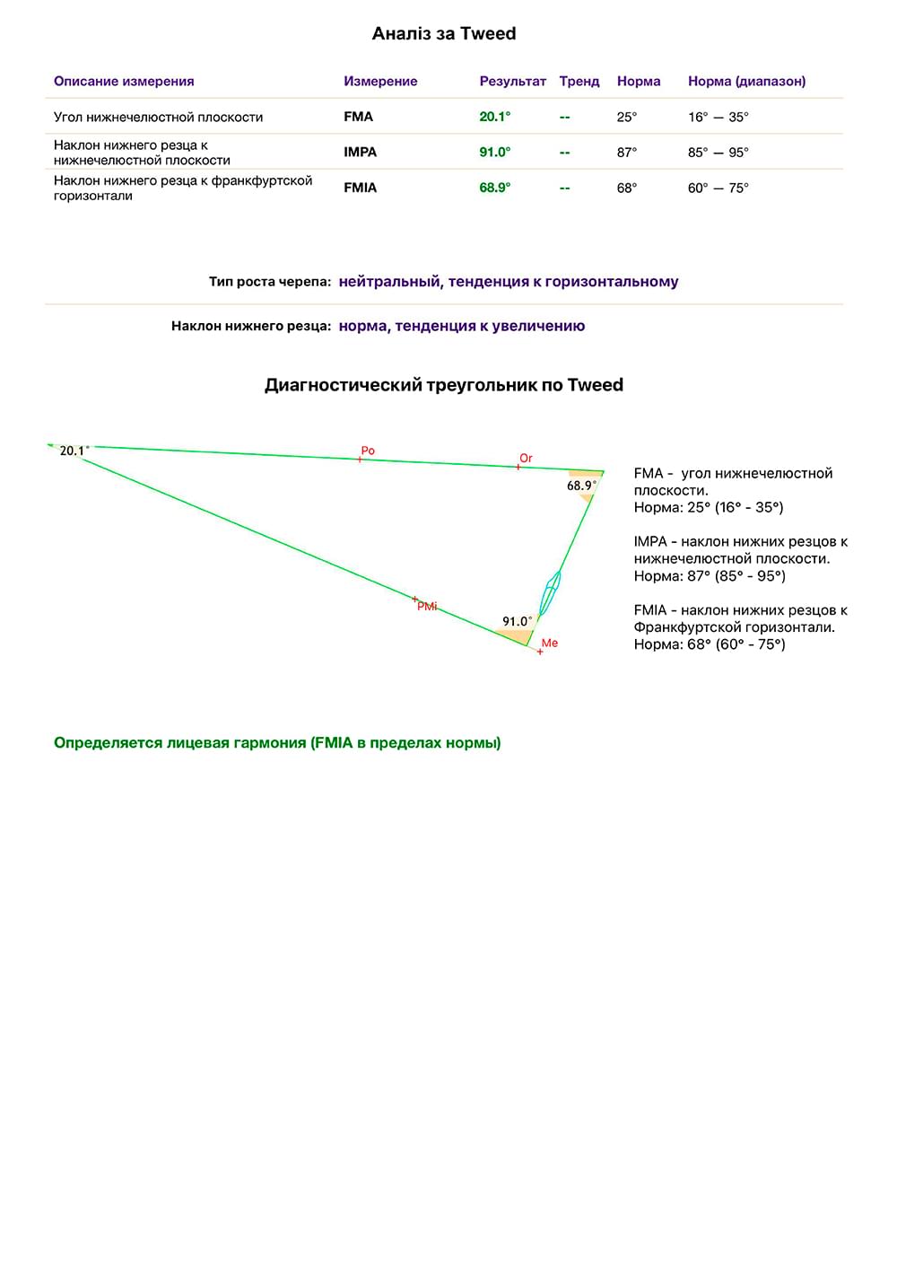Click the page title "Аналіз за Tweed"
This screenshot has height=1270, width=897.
point(444,34)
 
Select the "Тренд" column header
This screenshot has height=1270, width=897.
point(579,82)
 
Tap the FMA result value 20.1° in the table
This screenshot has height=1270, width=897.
point(494,117)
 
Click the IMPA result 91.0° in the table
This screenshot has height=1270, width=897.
point(494,153)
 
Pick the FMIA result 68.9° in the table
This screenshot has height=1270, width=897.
point(494,188)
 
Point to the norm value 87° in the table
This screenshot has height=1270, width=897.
point(626,153)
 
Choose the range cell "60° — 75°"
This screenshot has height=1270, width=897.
point(718,188)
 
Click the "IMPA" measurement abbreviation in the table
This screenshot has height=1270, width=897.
point(360,153)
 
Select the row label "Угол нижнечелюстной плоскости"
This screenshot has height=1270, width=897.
point(158,117)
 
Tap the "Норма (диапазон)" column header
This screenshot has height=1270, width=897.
point(746,82)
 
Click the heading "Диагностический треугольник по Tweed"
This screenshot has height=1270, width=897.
point(443,385)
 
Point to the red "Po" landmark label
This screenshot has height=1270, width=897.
point(368,451)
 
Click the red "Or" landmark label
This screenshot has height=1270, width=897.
point(526,459)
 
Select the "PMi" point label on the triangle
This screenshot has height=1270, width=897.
point(427,607)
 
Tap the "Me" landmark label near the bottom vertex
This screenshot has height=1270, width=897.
point(550,643)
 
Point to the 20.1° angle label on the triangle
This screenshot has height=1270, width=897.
point(74,451)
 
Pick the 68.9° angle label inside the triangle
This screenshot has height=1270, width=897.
point(581,486)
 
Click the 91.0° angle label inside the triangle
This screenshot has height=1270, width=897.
point(517,621)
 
